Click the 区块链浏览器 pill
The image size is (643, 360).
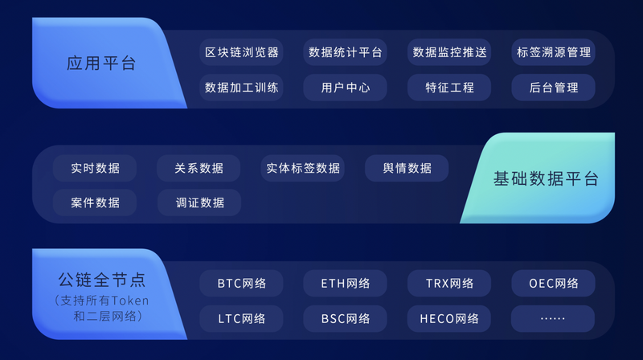(x=242, y=52)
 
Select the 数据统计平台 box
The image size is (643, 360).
(x=346, y=52)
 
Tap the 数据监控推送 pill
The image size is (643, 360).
(x=449, y=52)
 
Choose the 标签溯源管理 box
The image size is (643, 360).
(x=554, y=52)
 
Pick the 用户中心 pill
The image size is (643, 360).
(x=346, y=88)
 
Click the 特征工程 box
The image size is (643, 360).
(x=449, y=88)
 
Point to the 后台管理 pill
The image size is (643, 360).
(x=554, y=88)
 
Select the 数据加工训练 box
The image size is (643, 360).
(x=242, y=88)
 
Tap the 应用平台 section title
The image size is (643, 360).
(x=101, y=63)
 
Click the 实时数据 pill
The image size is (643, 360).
(x=95, y=168)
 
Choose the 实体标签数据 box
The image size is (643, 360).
(x=303, y=168)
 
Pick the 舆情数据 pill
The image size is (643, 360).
(x=407, y=168)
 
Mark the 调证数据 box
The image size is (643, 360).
(x=199, y=202)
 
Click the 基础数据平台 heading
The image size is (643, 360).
(x=546, y=178)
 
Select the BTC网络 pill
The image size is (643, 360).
(x=242, y=284)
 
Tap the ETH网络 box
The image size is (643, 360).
(x=346, y=284)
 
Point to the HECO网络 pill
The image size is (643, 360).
(x=449, y=318)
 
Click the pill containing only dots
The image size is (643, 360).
(x=553, y=318)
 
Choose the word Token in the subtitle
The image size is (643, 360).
(x=130, y=301)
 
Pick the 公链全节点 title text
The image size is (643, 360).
(x=102, y=280)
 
